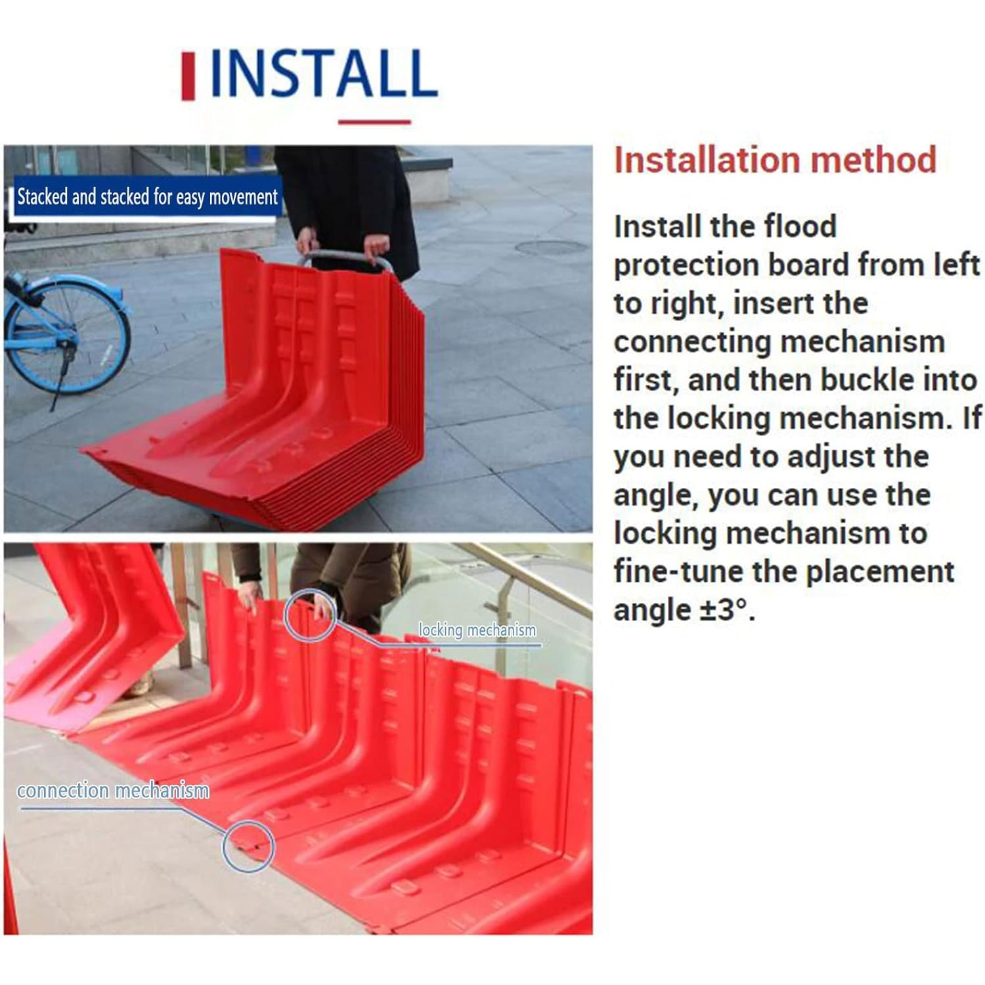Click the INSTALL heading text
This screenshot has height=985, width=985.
323,73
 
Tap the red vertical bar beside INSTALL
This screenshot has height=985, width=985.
188,76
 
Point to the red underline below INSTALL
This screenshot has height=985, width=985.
374,121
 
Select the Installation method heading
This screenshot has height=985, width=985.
775,160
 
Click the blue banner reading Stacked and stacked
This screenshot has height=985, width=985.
147,196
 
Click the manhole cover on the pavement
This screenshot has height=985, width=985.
551,248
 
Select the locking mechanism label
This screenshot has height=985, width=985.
477,630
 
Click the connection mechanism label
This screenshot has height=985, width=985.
113,790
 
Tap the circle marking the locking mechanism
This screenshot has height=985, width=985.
310,614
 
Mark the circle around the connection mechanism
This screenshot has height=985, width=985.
248,846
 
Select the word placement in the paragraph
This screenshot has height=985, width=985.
879,572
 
